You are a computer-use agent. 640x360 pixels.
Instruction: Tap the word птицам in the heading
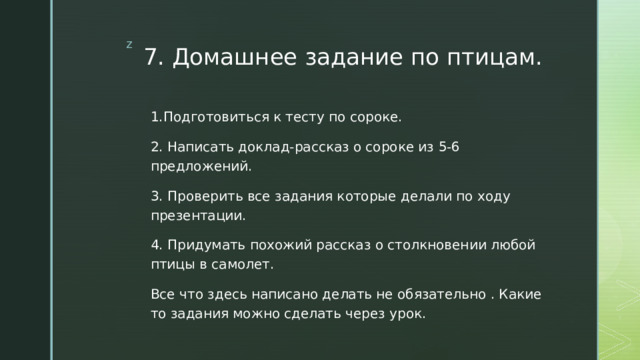(x=489, y=58)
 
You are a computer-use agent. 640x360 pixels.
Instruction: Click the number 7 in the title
(x=151, y=58)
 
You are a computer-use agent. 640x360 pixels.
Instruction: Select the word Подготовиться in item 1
(x=209, y=117)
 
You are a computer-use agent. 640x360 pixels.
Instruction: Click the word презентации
(x=197, y=215)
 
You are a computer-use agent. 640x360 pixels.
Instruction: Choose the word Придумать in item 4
(x=204, y=245)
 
